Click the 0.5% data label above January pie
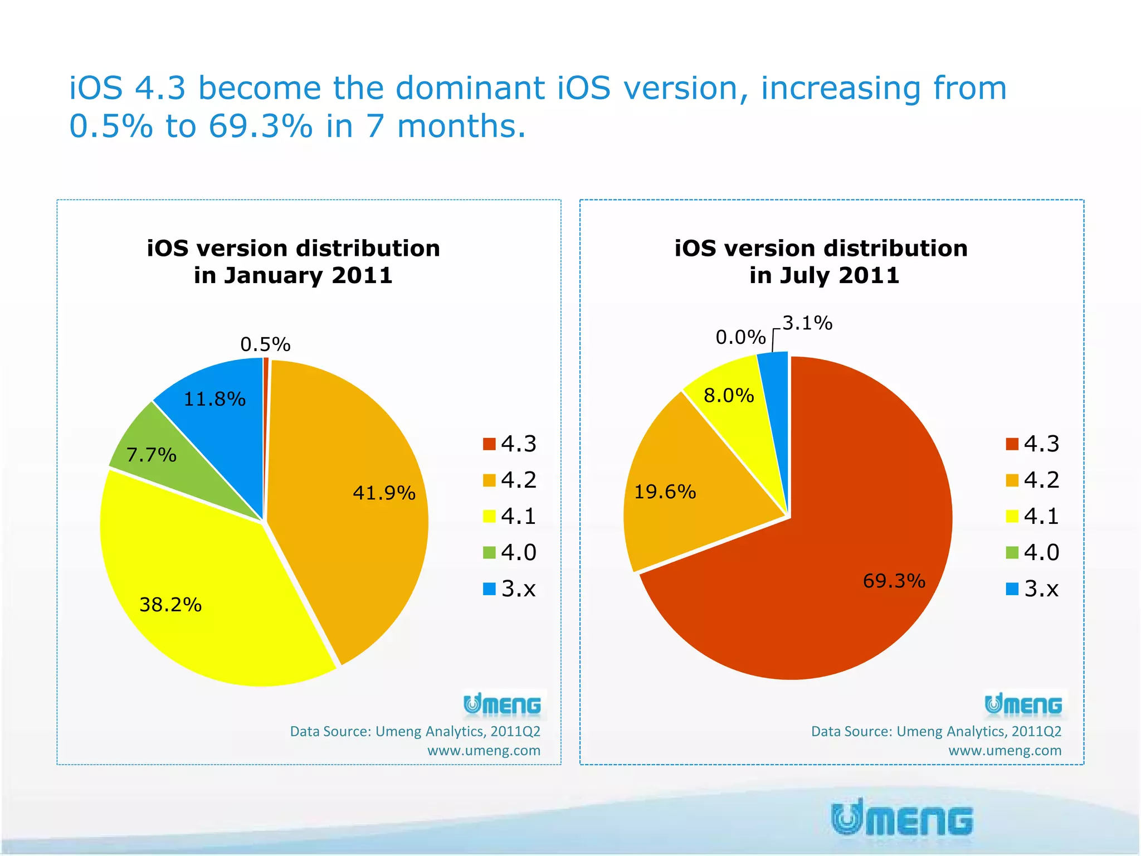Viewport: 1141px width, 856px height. click(x=265, y=344)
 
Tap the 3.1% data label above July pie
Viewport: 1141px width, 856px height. click(x=807, y=323)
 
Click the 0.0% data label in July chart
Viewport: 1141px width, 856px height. click(x=740, y=337)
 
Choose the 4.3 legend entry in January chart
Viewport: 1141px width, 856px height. click(x=509, y=444)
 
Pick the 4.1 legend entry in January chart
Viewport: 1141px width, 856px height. click(x=509, y=517)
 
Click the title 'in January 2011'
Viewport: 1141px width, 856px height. click(x=293, y=275)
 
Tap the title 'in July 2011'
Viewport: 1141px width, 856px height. click(x=824, y=275)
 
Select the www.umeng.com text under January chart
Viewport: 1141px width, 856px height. click(x=484, y=751)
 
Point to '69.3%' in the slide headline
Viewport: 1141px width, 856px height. click(x=260, y=126)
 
